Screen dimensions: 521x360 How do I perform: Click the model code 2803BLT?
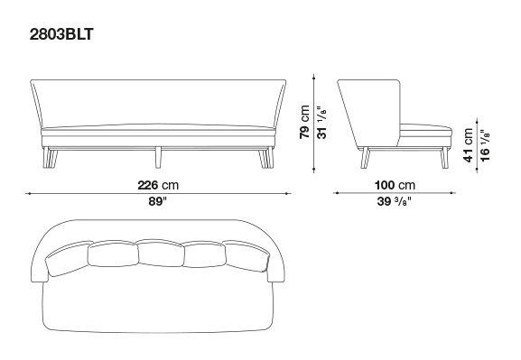point(61,34)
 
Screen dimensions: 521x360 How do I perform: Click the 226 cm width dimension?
point(158,185)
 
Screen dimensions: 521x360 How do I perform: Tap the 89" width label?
point(157,201)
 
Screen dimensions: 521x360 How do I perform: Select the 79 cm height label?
point(304,122)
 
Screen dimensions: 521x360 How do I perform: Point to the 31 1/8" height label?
point(322,122)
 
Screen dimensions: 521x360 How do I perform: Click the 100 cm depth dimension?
point(395,185)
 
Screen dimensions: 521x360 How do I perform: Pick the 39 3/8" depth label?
point(395,201)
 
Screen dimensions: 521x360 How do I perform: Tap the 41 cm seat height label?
point(468,145)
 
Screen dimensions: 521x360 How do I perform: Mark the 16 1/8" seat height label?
point(485,145)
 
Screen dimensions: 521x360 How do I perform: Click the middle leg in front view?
point(159,157)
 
